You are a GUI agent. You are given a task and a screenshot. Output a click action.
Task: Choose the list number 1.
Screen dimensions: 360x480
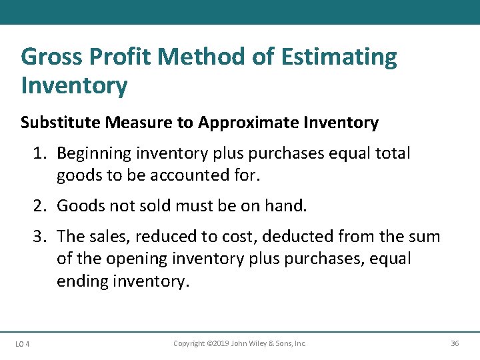pos(40,153)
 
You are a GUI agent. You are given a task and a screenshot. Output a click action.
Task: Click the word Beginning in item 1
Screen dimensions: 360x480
pos(94,153)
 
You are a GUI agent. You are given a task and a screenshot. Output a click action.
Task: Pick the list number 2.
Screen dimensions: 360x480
pos(40,205)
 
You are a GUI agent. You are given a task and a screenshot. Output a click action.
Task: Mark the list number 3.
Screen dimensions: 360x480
pos(40,237)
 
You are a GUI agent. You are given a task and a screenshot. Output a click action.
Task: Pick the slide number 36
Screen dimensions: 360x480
pos(455,343)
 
